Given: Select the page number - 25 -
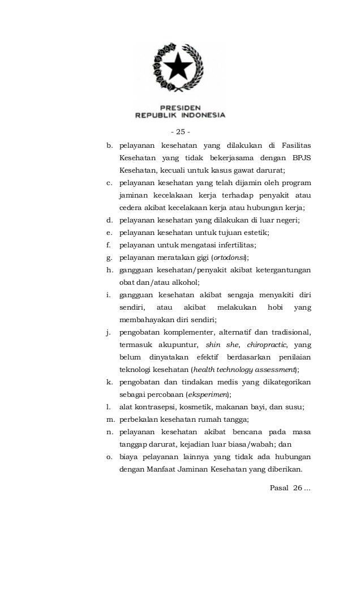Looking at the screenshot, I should point(180,132).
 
